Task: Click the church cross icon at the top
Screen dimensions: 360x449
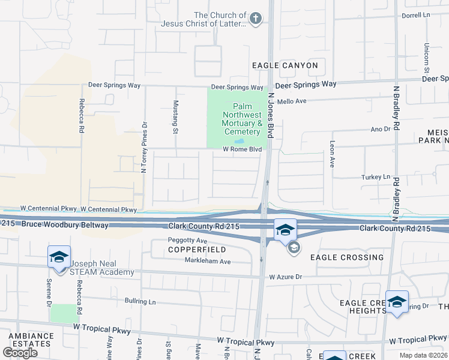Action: (256, 19)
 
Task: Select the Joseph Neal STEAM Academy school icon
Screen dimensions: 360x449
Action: (59, 257)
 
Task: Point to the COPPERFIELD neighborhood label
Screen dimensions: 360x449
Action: (197, 249)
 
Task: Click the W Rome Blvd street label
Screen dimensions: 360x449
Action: (243, 149)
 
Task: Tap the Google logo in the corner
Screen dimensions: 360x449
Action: (20, 352)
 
